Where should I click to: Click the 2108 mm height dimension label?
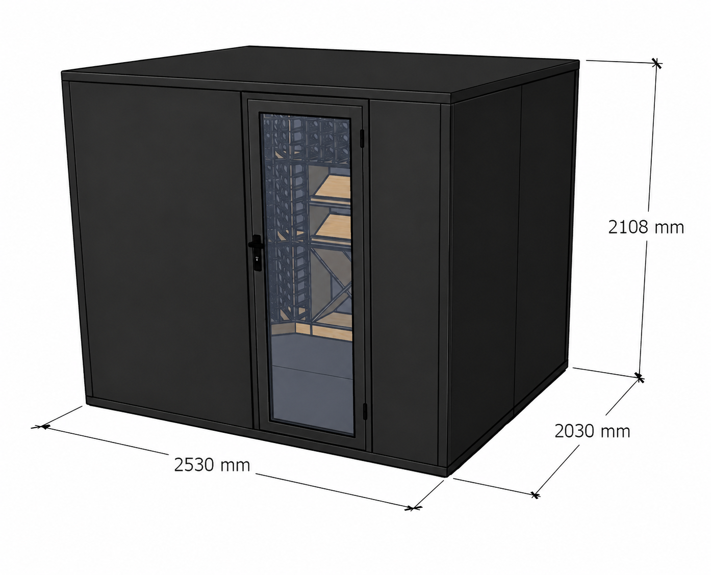pos(646,228)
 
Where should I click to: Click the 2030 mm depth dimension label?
pos(592,431)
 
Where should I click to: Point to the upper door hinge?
pos(362,138)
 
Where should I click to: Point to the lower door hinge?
pos(365,411)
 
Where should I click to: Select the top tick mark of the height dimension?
pos(656,63)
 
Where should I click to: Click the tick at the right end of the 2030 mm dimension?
pos(535,495)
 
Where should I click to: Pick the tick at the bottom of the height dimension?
pos(639,378)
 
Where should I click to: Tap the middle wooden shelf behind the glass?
pos(334,226)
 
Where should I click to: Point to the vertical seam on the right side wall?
pos(518,247)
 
